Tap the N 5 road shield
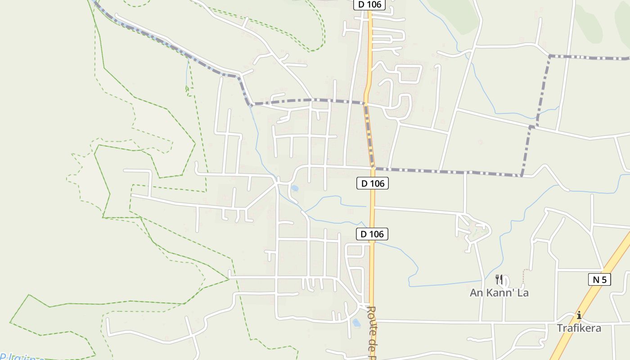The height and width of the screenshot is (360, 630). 599,279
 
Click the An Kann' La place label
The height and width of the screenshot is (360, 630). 499,293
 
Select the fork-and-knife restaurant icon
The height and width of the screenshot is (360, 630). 499,279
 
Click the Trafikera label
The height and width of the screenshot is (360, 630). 579,328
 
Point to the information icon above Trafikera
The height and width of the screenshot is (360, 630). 579,315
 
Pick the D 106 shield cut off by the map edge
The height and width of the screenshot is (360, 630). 369,4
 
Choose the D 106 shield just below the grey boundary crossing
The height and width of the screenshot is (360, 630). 372,183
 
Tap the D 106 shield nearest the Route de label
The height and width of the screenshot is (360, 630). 372,234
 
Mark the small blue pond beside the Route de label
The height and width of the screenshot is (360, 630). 356,323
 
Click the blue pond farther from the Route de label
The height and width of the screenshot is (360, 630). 295,188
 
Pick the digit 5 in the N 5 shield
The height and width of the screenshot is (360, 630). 604,279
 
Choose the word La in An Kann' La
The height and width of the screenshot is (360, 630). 522,293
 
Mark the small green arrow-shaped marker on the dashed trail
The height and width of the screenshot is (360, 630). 187,89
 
